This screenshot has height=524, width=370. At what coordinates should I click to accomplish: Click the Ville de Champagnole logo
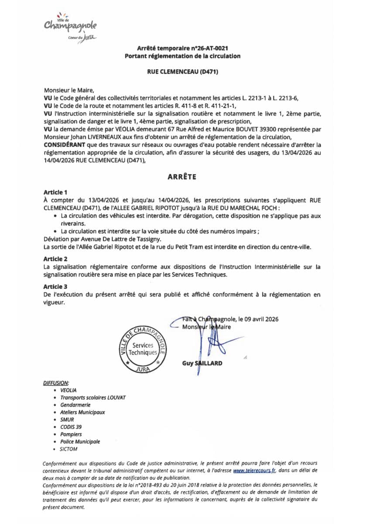pos(70,27)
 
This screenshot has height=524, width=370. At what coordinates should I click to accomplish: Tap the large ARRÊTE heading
pos(182,177)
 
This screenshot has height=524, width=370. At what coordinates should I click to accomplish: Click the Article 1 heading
pos(55,192)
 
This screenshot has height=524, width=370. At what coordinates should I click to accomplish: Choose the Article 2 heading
pos(55,259)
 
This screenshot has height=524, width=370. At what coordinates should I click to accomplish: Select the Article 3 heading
pos(55,286)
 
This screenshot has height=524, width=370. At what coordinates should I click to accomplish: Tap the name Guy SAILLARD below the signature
pos(202,363)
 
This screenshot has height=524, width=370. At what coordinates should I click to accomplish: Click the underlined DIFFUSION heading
pos(56,383)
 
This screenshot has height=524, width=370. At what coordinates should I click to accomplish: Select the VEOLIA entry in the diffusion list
pos(68,390)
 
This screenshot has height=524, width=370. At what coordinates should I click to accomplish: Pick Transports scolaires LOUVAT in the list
pos(92,397)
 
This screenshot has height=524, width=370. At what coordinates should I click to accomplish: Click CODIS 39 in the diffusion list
pos(71,427)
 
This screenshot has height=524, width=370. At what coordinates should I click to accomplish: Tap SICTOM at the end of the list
pos(69,449)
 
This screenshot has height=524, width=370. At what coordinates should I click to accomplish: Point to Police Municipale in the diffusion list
pos(80,441)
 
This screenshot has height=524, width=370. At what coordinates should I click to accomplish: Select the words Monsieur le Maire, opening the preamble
pos(66,90)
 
